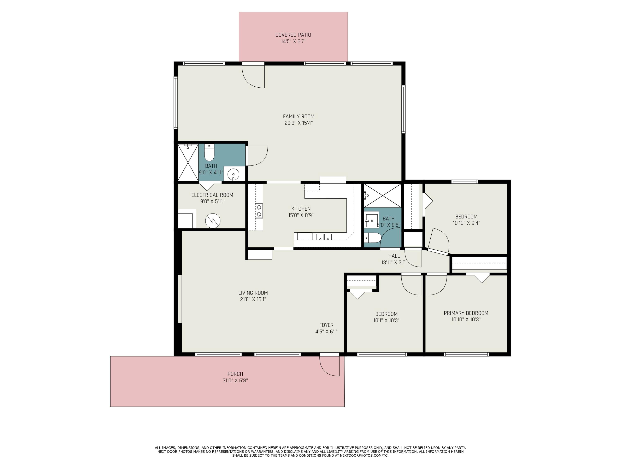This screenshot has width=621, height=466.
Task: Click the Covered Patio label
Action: point(293,35)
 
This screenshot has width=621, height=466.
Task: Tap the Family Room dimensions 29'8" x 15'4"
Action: point(298,123)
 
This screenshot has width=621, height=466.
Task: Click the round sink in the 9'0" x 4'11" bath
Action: point(233,174)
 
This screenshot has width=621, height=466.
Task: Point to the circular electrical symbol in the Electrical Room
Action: point(213,221)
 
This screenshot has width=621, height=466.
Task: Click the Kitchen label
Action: point(301,209)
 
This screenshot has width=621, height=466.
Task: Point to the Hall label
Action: point(394,256)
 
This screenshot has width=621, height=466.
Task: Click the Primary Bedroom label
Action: point(466,313)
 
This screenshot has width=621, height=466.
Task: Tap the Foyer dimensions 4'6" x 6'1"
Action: point(326,331)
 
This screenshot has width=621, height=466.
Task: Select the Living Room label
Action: point(253,293)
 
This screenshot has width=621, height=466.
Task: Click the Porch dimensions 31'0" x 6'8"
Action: point(235,381)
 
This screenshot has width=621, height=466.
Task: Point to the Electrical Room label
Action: point(212,195)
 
